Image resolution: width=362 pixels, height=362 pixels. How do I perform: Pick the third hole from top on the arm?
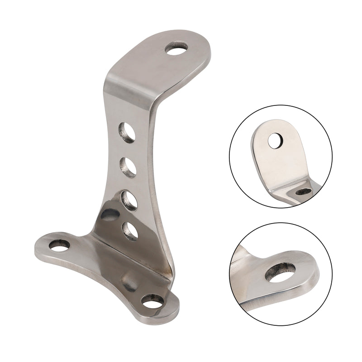(x=129, y=199)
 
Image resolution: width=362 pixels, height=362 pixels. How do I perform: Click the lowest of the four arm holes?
(x=130, y=230)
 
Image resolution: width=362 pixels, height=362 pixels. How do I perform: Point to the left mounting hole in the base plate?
(x=59, y=245)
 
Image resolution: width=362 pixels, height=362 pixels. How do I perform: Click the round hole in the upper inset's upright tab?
(x=275, y=141)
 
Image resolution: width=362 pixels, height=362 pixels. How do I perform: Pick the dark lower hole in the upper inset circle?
(x=303, y=191)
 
